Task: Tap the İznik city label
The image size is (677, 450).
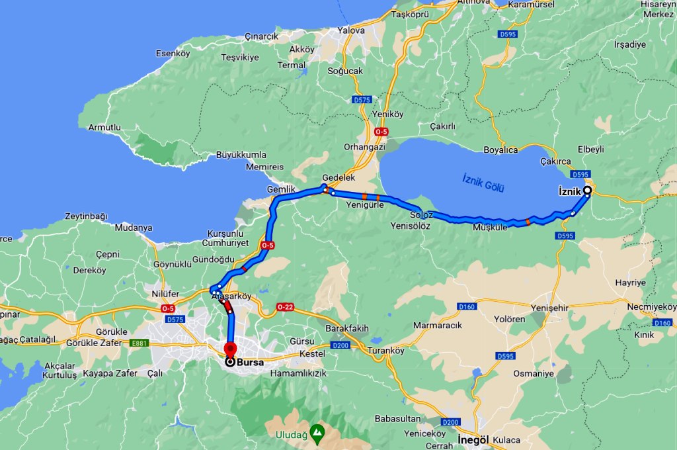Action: pos(569,191)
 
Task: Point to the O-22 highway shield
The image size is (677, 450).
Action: pos(285,307)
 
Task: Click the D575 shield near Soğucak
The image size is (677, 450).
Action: pos(362,100)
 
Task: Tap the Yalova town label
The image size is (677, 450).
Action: pos(351,30)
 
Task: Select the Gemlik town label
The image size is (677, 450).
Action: pos(280,189)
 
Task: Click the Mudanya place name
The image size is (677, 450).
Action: pos(134,228)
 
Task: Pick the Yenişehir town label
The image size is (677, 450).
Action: pos(551,308)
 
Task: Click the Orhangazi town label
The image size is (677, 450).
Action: pos(364,147)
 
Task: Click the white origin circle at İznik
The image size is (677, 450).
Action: pos(587,190)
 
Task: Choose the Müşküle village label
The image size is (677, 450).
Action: pos(490,227)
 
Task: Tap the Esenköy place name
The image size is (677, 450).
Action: pos(173,53)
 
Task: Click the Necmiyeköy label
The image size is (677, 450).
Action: pos(652,307)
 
